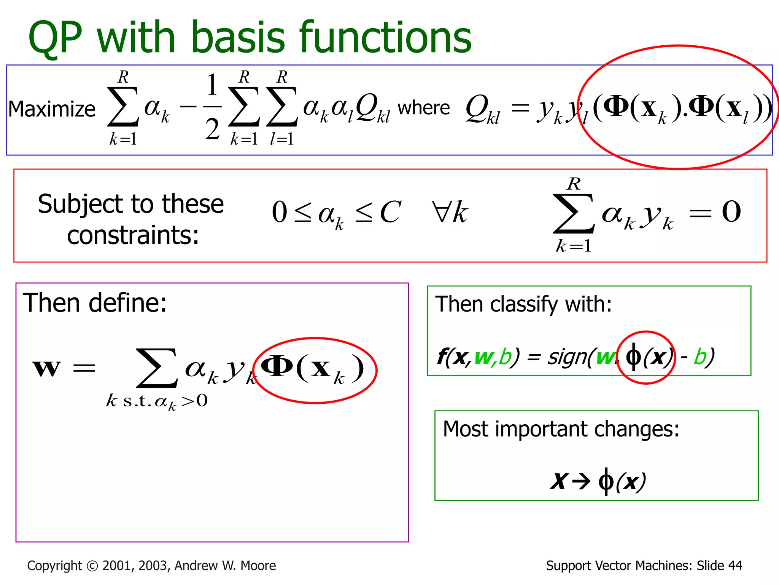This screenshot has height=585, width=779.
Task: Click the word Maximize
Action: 52,109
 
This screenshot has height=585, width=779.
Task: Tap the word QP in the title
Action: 55,38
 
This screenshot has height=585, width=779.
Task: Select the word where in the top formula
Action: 423,108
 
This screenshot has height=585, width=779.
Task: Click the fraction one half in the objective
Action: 212,107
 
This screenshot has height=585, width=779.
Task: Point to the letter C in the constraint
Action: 390,212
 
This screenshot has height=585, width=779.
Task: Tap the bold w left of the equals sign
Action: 46,368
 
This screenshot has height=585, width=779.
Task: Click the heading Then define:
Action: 95,303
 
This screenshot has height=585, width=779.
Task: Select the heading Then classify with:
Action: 523,304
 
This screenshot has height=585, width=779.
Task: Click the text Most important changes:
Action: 561,429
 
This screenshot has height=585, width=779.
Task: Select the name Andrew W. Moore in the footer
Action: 225,566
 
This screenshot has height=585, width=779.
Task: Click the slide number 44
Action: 734,566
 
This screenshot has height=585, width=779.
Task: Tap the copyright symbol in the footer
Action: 92,566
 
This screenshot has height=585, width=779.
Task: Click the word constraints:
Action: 133,235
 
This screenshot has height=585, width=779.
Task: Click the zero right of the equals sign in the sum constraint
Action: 731,212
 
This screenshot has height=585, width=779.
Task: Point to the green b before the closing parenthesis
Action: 700,357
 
